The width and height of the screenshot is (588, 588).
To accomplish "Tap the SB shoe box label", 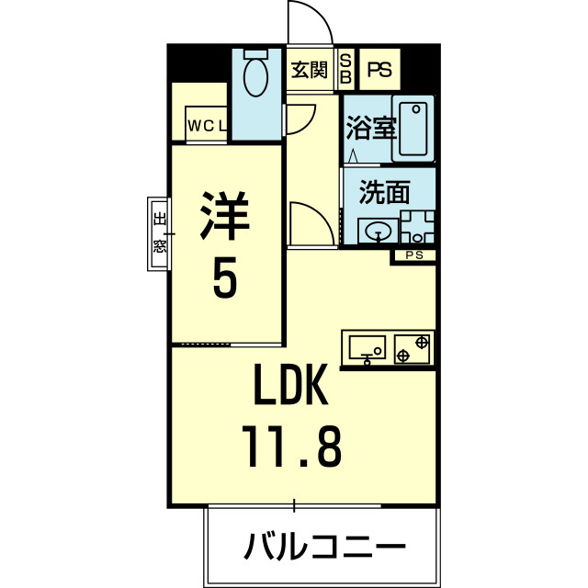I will click(x=346, y=69).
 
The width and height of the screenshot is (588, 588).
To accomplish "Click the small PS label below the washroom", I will click(x=413, y=255).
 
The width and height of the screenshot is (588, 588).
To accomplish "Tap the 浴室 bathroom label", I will click(x=370, y=128).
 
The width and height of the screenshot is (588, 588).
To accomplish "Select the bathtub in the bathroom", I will click(x=414, y=129).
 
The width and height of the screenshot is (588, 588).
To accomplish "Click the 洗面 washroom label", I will click(x=383, y=194).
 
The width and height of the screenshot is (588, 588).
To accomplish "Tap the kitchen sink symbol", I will click(x=368, y=347).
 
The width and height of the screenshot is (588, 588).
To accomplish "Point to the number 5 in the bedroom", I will click(x=225, y=278).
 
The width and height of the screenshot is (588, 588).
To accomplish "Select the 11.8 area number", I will click(x=292, y=447).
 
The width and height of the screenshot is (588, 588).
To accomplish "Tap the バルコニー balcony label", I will click(x=323, y=548).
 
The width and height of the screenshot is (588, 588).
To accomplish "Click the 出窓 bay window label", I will click(x=159, y=232).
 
